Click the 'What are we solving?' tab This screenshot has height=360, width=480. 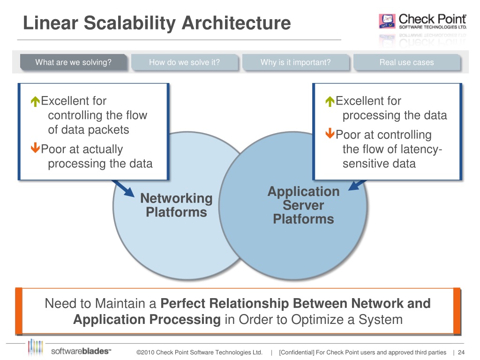[x=74, y=62]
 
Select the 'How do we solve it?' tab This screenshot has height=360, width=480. [x=185, y=62]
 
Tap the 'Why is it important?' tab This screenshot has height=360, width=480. [x=296, y=62]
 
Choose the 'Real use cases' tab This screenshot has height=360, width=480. [x=407, y=62]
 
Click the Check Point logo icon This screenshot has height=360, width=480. [x=387, y=21]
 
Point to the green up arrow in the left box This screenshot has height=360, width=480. [x=35, y=101]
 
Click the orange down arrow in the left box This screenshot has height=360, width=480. [x=35, y=148]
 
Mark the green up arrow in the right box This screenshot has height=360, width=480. [x=330, y=101]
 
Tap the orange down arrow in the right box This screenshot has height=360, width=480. [x=330, y=133]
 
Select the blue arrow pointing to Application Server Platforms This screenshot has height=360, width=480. [x=357, y=185]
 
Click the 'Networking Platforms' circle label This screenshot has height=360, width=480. [x=176, y=205]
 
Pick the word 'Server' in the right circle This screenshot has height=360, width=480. [x=303, y=205]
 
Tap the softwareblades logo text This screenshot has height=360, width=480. [x=81, y=351]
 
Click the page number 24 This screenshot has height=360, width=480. [x=461, y=352]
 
